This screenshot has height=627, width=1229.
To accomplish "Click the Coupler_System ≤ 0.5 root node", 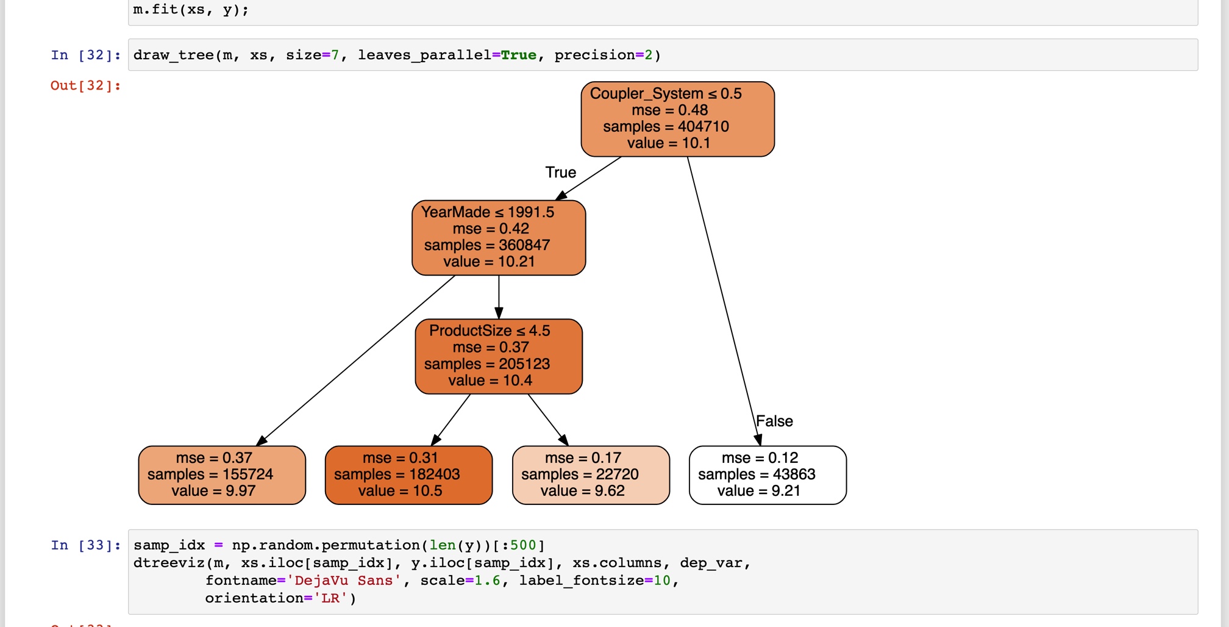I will point(677,119).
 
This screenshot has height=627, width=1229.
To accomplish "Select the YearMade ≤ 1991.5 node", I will point(499,238).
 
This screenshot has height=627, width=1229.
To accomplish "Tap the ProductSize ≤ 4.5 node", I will point(499,356).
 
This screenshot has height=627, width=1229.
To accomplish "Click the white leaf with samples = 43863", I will point(768,475).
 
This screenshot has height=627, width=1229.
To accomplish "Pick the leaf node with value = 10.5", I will point(408,475).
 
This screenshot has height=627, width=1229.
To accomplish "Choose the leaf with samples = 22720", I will point(591,475).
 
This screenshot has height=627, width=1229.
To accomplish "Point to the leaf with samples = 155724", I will point(222,475).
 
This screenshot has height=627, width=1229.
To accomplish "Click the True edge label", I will point(560,173).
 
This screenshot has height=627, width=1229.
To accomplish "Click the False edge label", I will point(774,421).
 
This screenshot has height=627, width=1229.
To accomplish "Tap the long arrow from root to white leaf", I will point(722,299).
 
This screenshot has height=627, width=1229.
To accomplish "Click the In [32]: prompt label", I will point(85,56).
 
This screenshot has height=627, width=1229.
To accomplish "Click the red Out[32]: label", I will point(85,86).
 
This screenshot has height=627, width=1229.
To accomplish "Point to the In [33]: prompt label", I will point(85,545).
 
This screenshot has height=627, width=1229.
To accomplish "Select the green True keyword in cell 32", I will point(519,56).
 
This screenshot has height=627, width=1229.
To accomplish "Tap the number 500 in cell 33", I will point(523,545).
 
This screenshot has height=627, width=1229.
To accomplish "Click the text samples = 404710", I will point(666,127).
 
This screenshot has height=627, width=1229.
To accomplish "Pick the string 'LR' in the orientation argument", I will point(330,598).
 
